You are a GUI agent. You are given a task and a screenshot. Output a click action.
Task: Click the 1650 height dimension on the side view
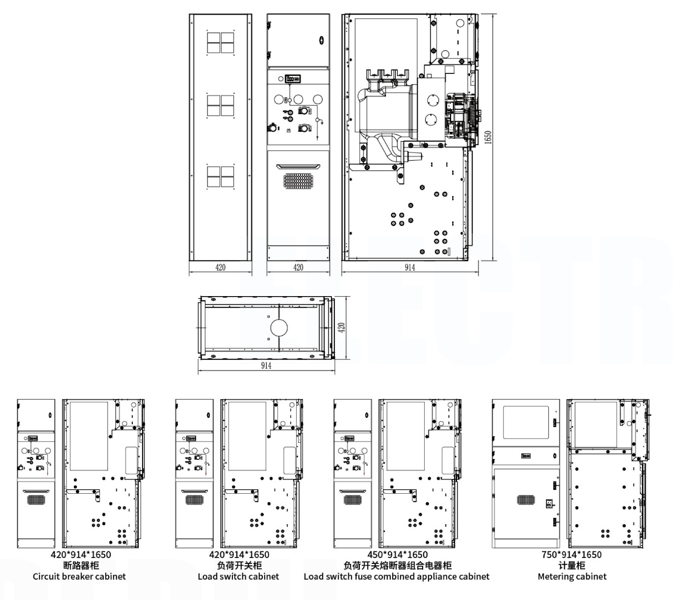click(x=488, y=137)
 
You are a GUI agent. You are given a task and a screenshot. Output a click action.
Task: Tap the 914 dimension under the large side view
click(x=410, y=267)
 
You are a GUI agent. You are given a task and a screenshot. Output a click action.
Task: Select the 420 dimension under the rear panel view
click(x=220, y=267)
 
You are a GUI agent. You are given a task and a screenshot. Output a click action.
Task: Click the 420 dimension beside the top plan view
click(x=341, y=328)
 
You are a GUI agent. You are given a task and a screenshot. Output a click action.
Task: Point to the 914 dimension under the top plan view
click(x=266, y=365)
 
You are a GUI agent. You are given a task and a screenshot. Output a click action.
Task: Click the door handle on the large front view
click(x=298, y=167)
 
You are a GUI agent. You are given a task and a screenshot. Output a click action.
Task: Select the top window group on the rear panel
click(x=220, y=43)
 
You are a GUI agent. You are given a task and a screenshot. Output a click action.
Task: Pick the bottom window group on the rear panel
click(x=220, y=176)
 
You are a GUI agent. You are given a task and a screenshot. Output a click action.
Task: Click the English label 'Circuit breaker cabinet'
click(x=79, y=576)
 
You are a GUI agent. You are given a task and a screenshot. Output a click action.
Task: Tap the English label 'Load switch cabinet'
click(x=238, y=576)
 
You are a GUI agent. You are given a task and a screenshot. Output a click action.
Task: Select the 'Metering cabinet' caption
click(x=572, y=576)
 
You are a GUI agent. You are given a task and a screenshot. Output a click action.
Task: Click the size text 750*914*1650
click(x=571, y=555)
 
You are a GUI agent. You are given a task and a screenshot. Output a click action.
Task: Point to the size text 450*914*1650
click(x=398, y=555)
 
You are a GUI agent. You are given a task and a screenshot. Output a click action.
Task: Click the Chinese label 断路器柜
click(x=81, y=566)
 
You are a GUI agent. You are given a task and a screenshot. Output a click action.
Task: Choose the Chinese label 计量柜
click(x=571, y=566)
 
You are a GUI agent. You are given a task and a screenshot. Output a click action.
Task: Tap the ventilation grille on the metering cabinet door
click(x=526, y=500)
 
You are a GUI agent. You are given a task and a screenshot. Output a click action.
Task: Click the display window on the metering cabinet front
click(x=526, y=422)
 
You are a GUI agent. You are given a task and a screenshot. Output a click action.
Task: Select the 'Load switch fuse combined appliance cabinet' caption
click(x=397, y=576)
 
